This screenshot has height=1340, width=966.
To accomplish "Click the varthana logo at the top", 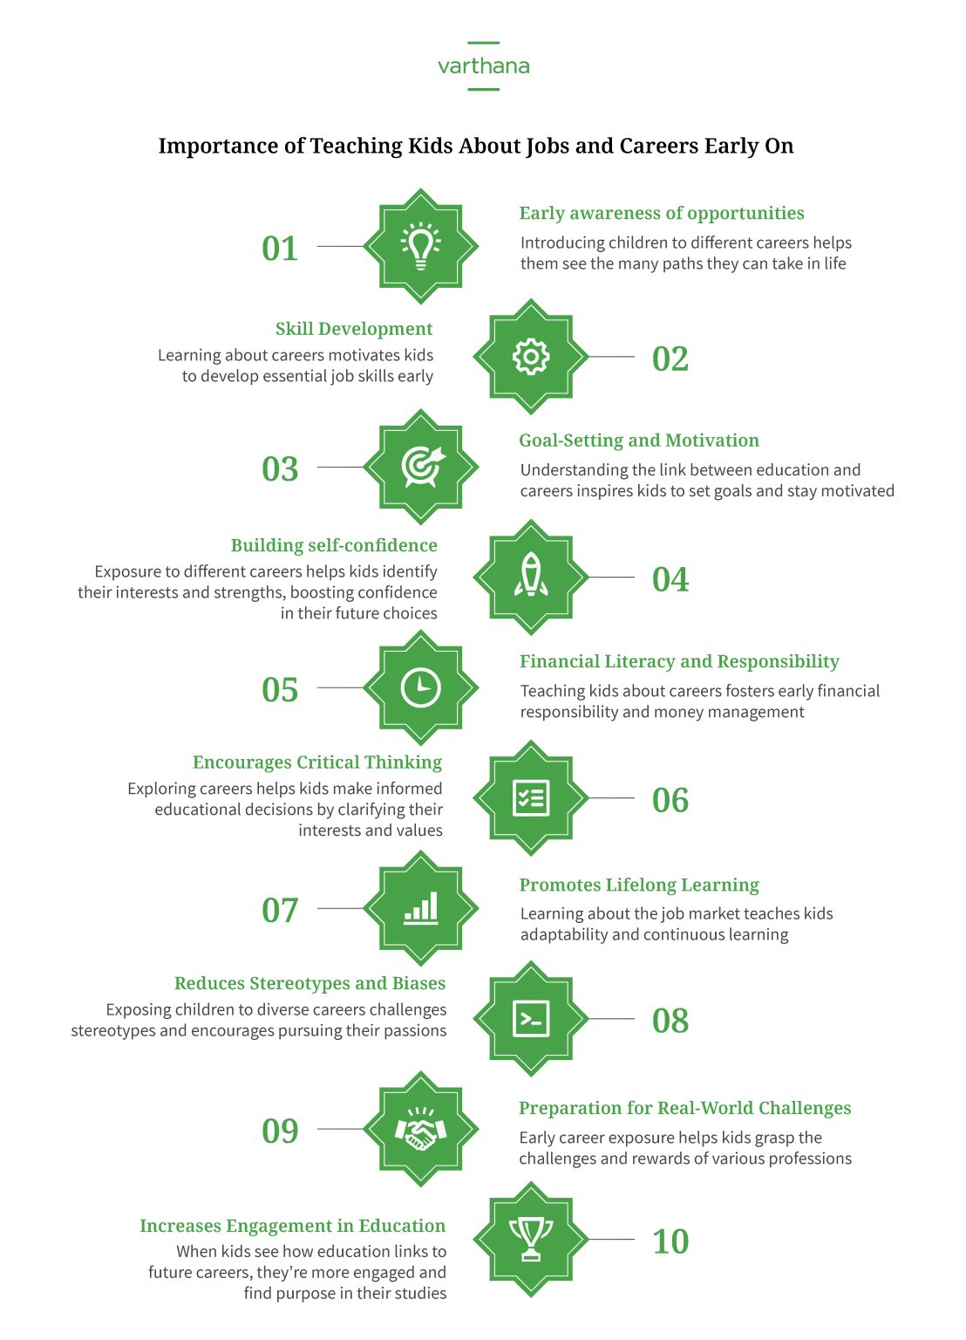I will coord(483,66).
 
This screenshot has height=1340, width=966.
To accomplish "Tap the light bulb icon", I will coord(421,246).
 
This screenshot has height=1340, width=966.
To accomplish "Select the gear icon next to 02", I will coord(531,357).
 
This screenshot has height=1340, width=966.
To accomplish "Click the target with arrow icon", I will coord(422,467).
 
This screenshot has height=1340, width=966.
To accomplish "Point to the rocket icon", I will coord(531,577).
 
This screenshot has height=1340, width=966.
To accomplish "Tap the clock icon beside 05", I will coord(421,687).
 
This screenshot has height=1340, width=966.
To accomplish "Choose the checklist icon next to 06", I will coord(531,798).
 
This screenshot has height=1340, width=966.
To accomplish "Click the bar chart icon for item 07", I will coord(421,908).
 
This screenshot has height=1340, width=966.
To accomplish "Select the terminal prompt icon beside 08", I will coord(531,1019).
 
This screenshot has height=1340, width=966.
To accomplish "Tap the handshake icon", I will coord(421,1130).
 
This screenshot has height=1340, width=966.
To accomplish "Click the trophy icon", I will coord(531,1239).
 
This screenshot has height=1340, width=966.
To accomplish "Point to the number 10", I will coord(670,1241).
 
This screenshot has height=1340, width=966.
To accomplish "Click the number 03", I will coord(280,469).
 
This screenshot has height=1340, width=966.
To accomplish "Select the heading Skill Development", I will coord(354,329).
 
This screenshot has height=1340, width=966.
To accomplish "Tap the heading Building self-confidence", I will coord(334,545).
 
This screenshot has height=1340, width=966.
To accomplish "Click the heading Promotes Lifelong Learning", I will coord(639,885).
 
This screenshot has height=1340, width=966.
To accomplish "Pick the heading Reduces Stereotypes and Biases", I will coord(310,983).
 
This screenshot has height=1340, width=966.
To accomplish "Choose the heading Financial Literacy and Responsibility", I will coord(679,661).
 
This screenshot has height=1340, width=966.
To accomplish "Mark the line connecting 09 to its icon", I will coord(340,1129).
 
